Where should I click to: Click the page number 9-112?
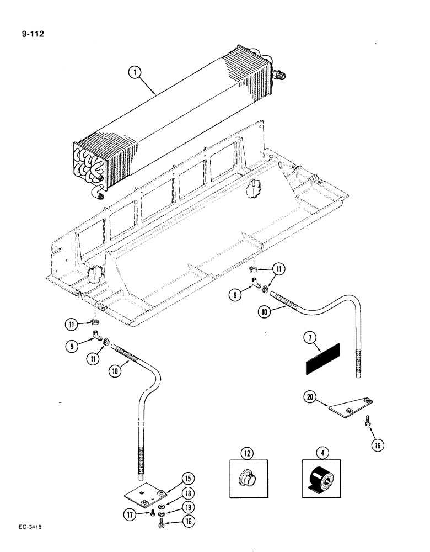pos(31,34)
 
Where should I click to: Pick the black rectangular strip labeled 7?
pos(322,359)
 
